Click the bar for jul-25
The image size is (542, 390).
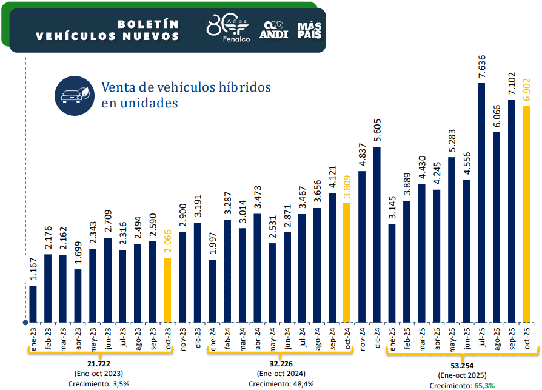pos(481,203)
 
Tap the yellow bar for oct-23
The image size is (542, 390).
pos(167,290)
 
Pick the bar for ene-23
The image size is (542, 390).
pos(33,304)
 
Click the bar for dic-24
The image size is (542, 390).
pos(377,234)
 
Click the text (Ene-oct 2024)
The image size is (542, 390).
pos(281,374)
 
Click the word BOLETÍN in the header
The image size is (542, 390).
pos(148,24)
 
